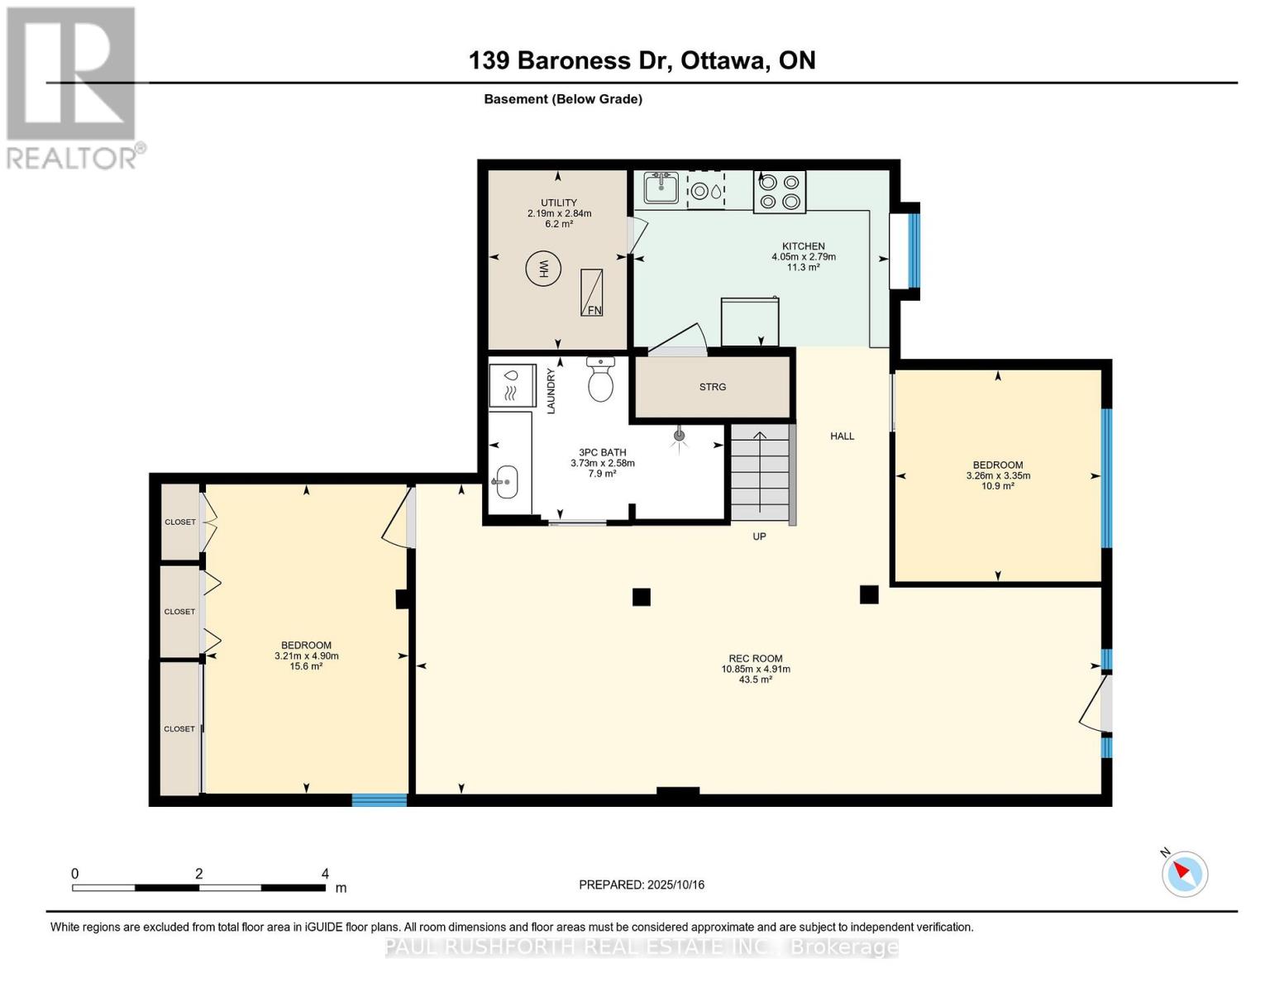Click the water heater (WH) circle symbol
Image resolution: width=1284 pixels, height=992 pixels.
click(x=543, y=269)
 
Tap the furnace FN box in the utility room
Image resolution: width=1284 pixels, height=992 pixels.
click(x=591, y=293)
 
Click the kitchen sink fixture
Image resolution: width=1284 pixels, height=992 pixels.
click(x=661, y=188)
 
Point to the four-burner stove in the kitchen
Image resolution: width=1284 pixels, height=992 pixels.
click(x=779, y=192)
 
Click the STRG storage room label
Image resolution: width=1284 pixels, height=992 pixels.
click(x=712, y=387)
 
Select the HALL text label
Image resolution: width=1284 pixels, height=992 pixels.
click(x=842, y=436)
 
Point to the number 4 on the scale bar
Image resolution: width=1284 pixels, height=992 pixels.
click(x=325, y=874)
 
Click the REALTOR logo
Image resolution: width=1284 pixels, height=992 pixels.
click(x=72, y=87)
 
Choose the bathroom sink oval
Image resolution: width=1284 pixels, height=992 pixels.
click(x=505, y=481)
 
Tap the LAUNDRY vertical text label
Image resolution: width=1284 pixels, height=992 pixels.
click(x=551, y=391)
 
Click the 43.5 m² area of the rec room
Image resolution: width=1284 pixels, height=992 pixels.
click(x=755, y=680)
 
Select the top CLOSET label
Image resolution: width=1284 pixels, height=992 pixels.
click(x=179, y=522)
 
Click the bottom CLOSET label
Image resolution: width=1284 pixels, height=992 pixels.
click(x=179, y=729)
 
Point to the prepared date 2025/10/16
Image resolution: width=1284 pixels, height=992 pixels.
click(x=641, y=885)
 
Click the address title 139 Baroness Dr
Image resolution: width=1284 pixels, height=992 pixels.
click(x=642, y=60)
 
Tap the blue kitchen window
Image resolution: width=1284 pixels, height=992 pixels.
click(x=914, y=251)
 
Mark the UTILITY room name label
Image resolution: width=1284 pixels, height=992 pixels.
click(x=559, y=203)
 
